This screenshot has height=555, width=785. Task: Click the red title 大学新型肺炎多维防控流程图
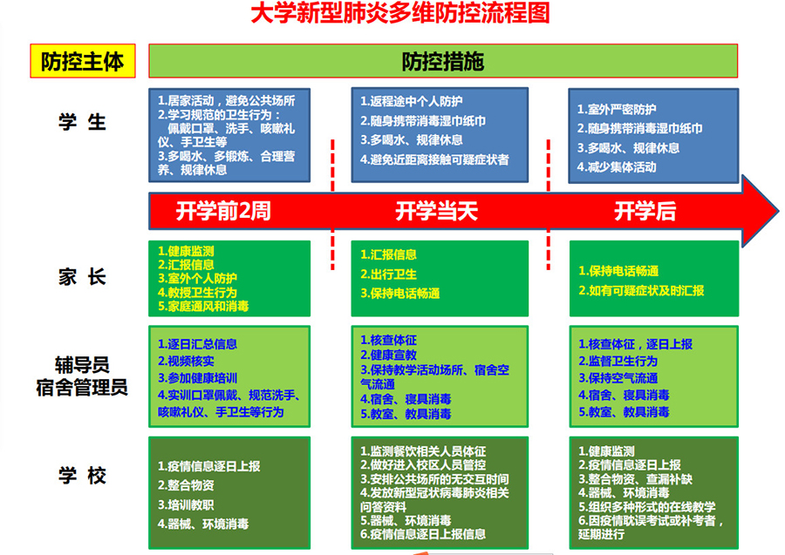pos(400,13)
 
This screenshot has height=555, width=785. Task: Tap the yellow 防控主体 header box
pos(83,61)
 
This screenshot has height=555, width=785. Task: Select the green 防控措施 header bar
pos(443,61)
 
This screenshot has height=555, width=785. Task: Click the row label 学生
pos(82,122)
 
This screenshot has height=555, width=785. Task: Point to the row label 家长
pos(82,276)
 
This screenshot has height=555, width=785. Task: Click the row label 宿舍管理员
pos(82,388)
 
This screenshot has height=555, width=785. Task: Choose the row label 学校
pos(82,475)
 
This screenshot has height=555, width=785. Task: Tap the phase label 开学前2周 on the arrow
pos(223,211)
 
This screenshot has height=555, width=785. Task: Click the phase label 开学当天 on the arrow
pos(437,211)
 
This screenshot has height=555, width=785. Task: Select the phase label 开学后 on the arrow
pos(645,211)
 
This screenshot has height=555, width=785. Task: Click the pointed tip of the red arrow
pos(779,211)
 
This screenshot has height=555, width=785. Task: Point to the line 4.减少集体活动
pos(617,167)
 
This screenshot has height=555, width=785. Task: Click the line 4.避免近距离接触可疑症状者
pos(434,159)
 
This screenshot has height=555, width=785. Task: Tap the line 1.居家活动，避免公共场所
pos(226,100)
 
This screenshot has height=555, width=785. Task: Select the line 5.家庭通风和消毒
pos(203,306)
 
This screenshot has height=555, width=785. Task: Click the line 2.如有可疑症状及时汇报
pos(641,290)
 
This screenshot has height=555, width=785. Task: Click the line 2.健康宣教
pos(388,355)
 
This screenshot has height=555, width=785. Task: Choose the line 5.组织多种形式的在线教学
pos(647,507)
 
